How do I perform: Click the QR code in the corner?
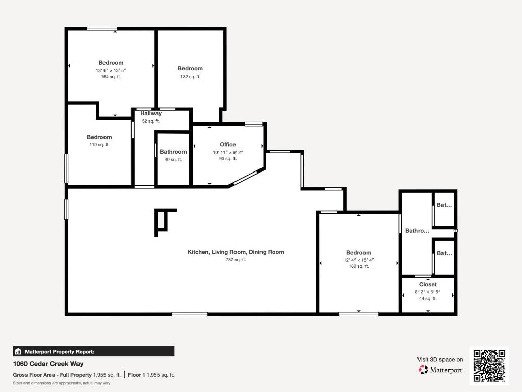click(x=489, y=365)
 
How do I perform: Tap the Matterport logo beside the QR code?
click(x=441, y=370)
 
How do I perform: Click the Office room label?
click(x=228, y=145)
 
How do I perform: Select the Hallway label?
click(x=151, y=114)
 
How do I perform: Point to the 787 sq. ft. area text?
click(x=236, y=260)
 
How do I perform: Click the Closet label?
click(x=428, y=284)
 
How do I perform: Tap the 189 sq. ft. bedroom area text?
click(x=358, y=266)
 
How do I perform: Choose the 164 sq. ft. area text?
click(x=111, y=77)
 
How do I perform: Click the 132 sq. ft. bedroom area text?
click(x=190, y=77)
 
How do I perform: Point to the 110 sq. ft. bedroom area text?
click(x=99, y=145)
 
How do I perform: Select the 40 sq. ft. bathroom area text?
click(x=173, y=159)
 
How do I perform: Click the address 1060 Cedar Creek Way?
click(x=48, y=364)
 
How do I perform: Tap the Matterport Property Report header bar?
click(x=94, y=351)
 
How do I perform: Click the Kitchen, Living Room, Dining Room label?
click(x=236, y=252)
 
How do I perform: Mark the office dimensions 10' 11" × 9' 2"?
click(x=228, y=152)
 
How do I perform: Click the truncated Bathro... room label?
click(x=417, y=231)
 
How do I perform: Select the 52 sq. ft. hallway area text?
click(x=151, y=121)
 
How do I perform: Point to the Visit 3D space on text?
click(x=440, y=359)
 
